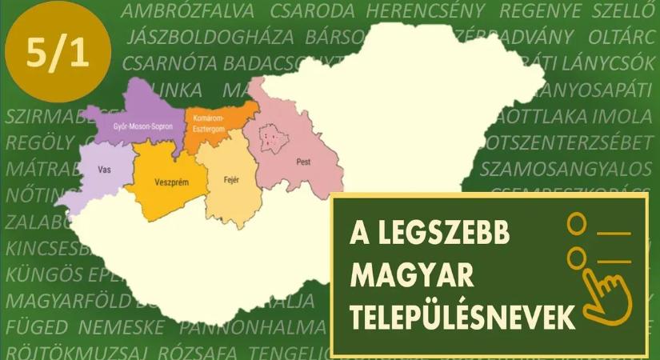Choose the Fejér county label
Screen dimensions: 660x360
coord(232,179)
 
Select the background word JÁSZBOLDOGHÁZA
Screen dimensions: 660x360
coord(210,37)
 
